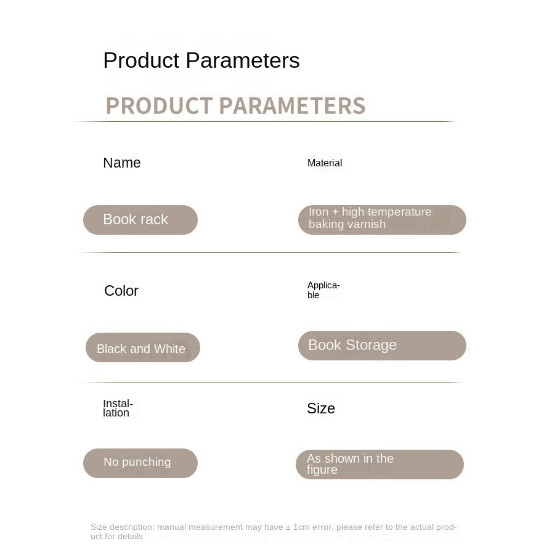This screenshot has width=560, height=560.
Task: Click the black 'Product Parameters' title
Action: click(201, 60)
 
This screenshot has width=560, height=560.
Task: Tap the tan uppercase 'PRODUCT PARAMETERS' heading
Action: click(236, 106)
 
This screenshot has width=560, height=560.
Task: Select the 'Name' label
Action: click(122, 163)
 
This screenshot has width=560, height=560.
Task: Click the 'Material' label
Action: click(325, 163)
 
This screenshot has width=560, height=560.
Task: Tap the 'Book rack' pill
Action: click(140, 220)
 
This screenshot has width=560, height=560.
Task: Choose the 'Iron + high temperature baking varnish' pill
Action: click(382, 220)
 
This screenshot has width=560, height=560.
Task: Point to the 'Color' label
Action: click(121, 291)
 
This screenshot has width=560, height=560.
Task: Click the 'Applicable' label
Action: click(323, 290)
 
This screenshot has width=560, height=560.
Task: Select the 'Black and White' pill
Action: click(143, 347)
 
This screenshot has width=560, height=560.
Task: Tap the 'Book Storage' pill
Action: click(382, 346)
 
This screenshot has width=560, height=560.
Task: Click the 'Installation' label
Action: click(118, 408)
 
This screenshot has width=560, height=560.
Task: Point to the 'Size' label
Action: click(321, 408)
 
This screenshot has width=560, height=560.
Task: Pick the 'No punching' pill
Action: click(140, 463)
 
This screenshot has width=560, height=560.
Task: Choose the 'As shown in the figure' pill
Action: click(379, 465)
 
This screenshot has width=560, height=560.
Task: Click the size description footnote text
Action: click(274, 532)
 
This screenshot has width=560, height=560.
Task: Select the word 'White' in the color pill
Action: click(169, 349)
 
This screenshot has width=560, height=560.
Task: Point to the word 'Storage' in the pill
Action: click(371, 346)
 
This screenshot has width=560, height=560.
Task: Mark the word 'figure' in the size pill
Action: click(322, 469)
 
